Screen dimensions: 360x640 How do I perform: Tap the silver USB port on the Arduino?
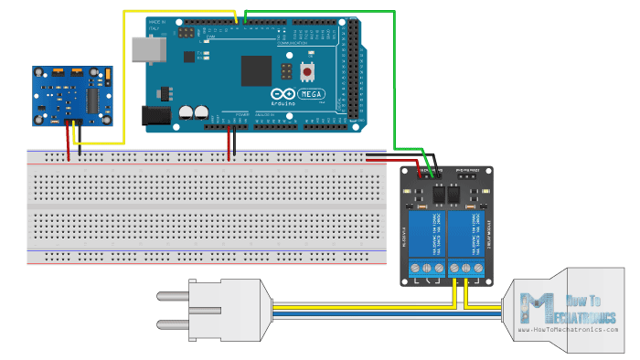click(143, 51)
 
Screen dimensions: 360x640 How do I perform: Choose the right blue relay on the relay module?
click(467, 232)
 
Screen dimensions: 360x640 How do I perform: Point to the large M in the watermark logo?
click(533, 307)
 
